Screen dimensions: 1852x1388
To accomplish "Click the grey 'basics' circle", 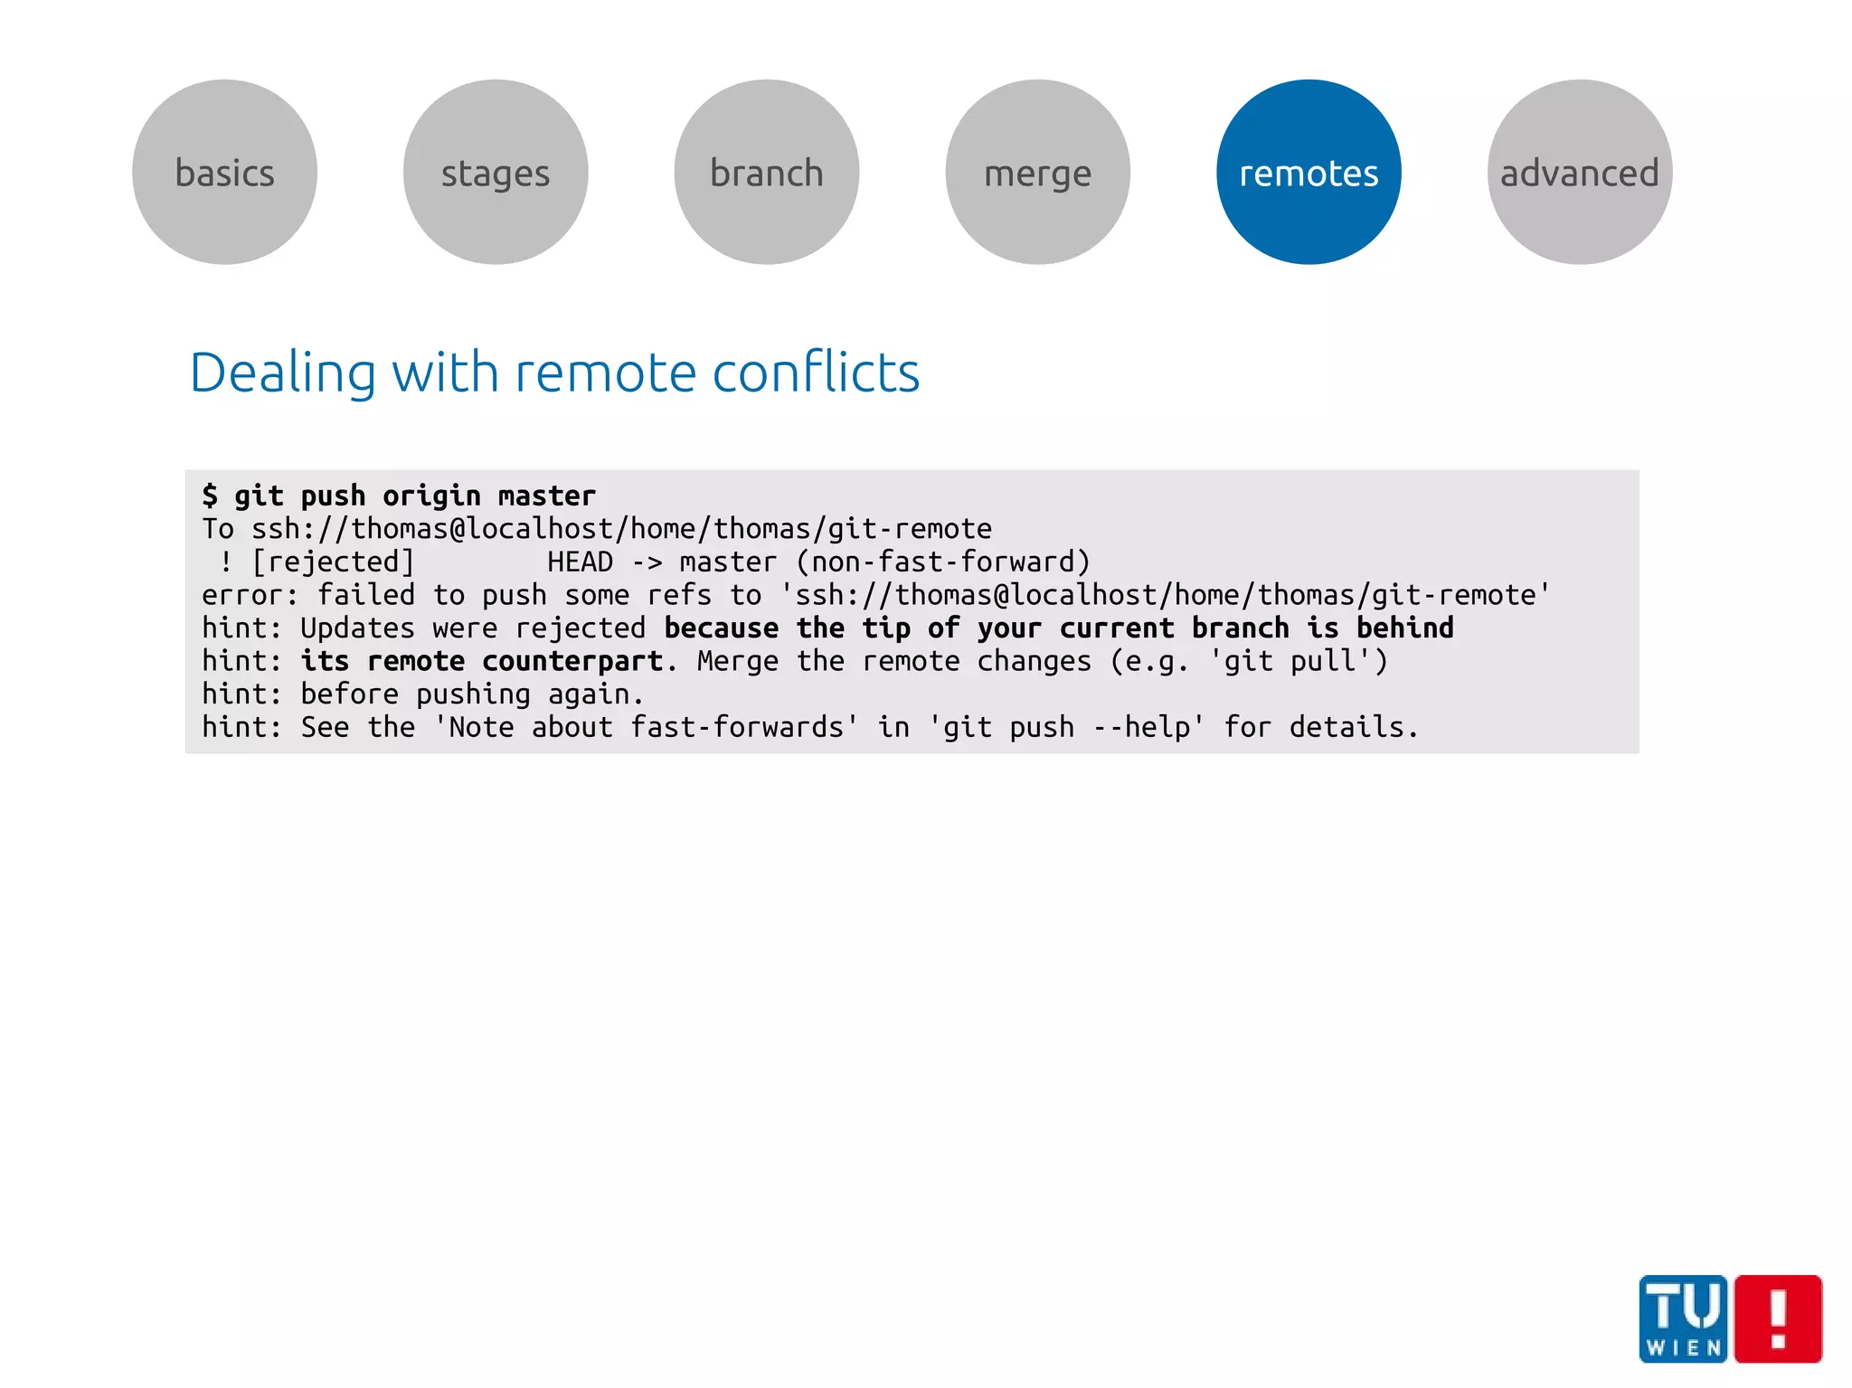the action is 224,172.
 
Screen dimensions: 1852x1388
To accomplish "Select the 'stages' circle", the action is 496,172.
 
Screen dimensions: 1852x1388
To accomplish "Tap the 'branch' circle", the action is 767,172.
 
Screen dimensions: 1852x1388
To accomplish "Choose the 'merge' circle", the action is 1038,172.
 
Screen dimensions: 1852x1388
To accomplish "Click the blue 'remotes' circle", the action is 1309,172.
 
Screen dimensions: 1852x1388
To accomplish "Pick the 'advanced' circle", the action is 1580,172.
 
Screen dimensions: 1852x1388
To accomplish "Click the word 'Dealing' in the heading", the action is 282,373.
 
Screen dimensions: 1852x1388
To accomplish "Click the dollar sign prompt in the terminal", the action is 210,496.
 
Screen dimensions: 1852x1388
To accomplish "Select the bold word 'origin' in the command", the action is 431,496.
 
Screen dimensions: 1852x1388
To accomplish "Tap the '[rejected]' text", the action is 333,562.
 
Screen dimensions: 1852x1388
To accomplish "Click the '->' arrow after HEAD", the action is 647,562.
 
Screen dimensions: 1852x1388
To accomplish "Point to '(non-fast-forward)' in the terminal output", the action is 943,562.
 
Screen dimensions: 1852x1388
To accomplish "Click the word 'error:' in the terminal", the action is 250,595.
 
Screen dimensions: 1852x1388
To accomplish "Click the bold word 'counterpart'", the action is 572,661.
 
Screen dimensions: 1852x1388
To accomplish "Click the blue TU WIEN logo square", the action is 1683,1318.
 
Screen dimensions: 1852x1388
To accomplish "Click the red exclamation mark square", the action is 1778,1318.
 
